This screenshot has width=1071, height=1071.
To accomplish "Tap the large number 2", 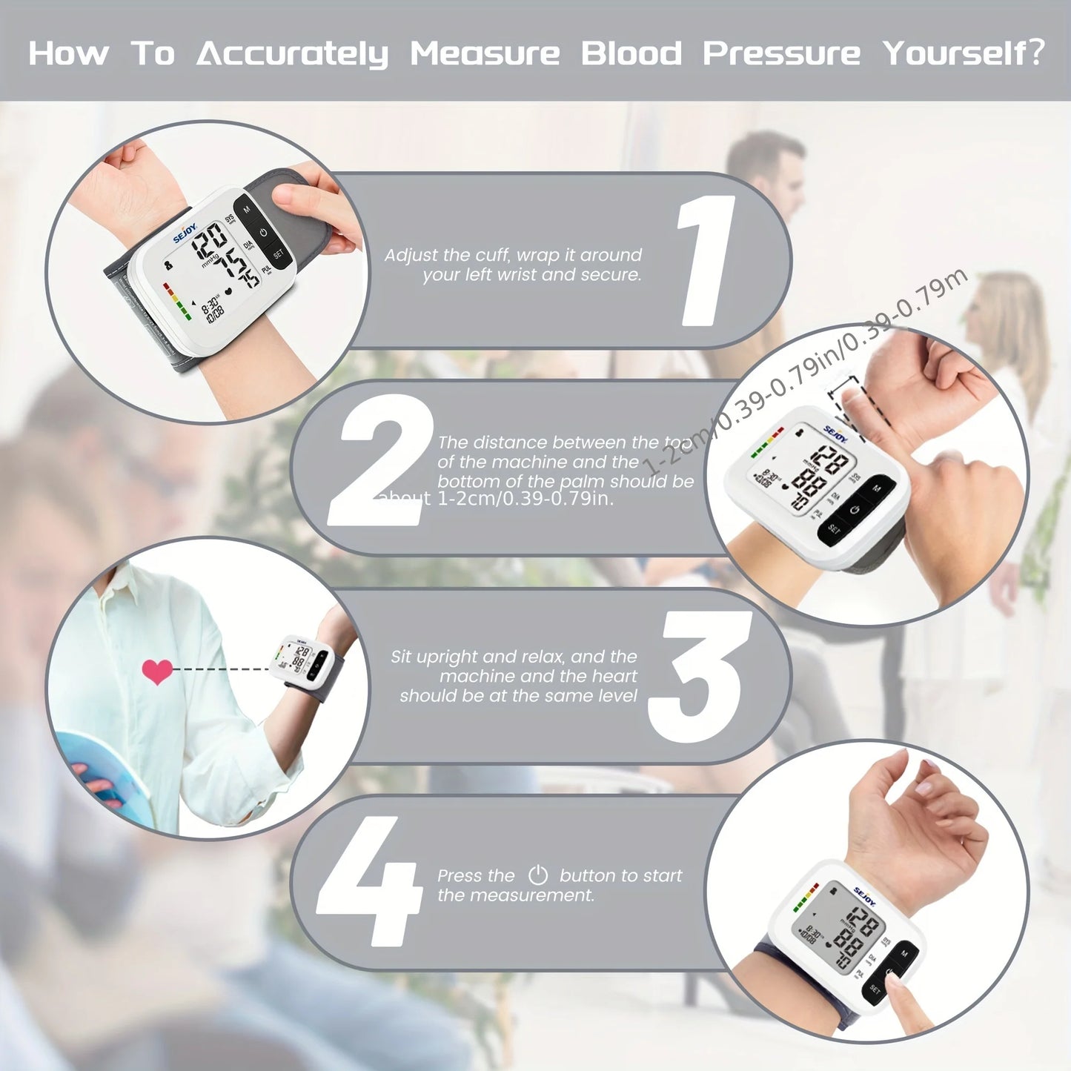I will tap(379, 460).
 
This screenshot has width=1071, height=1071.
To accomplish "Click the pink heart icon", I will tap(157, 672).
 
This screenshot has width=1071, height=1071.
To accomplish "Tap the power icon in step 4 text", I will tap(537, 875).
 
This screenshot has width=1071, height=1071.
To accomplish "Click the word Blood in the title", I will tap(631, 53).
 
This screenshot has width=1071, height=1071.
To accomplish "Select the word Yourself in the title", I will tap(963, 53).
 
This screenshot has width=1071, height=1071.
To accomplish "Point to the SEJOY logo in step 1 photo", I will tap(185, 232).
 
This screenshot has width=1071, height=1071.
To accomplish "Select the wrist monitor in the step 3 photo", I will tap(304, 660).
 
